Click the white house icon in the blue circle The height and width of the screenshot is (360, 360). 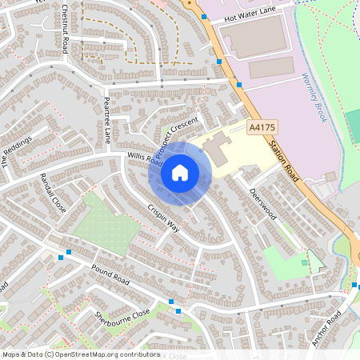179,172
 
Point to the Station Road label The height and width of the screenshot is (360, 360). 284,158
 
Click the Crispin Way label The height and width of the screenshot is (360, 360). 163,215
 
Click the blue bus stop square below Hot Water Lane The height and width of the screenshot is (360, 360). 218,61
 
